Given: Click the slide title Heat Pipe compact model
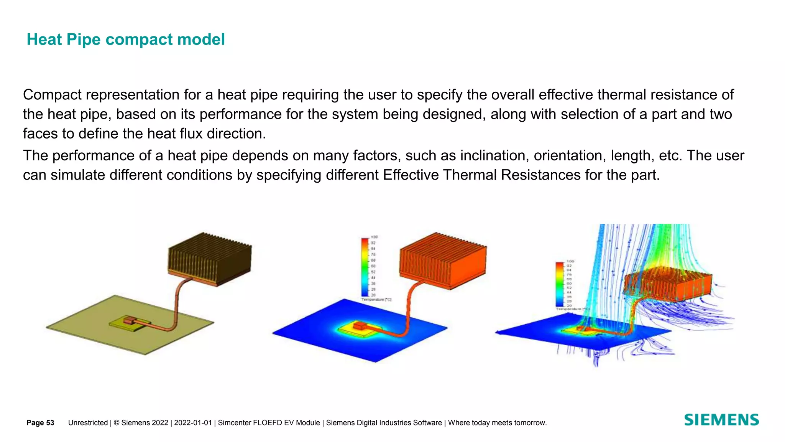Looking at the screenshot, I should pyautogui.click(x=125, y=40).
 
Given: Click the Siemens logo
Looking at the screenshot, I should pyautogui.click(x=721, y=420).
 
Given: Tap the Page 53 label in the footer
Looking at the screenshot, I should pyautogui.click(x=40, y=423).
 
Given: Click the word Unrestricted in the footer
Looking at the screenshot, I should pyautogui.click(x=88, y=423).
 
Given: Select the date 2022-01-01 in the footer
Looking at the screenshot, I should pyautogui.click(x=193, y=423).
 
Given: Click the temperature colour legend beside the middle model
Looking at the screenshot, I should pyautogui.click(x=365, y=267).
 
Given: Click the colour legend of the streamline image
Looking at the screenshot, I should pyautogui.click(x=560, y=284).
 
